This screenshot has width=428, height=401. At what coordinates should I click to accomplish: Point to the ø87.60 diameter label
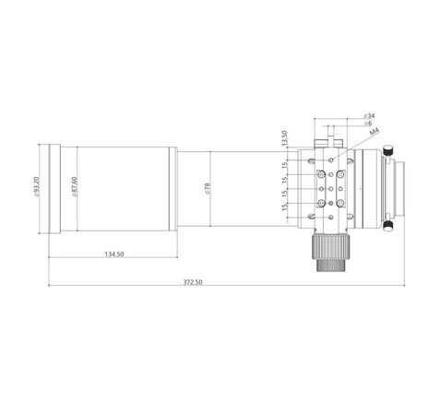click(74, 187)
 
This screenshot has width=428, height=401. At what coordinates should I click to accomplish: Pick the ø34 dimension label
click(369, 116)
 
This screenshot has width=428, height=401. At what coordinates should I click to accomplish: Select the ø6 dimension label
click(367, 124)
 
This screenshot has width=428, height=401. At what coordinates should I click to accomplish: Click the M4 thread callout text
click(374, 134)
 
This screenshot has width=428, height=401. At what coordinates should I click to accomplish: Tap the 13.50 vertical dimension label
click(284, 137)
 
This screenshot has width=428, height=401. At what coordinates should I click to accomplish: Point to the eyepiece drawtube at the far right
click(402, 187)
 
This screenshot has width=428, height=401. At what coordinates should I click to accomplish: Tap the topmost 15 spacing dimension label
click(284, 165)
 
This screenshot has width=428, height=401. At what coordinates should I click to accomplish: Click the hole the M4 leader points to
click(331, 159)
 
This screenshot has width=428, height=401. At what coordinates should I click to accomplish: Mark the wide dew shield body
click(120, 187)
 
